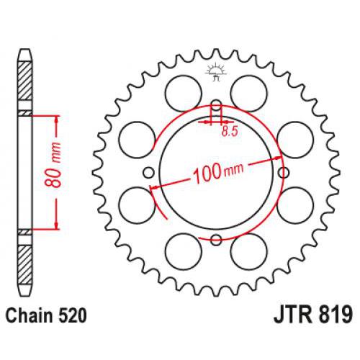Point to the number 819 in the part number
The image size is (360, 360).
[x=333, y=315]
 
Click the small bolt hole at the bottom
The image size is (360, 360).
[x=215, y=239]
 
